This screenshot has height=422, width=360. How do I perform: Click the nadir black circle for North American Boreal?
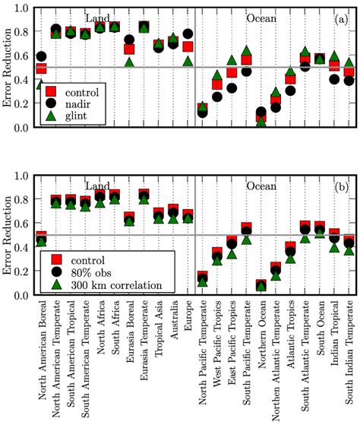pos(41,57)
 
